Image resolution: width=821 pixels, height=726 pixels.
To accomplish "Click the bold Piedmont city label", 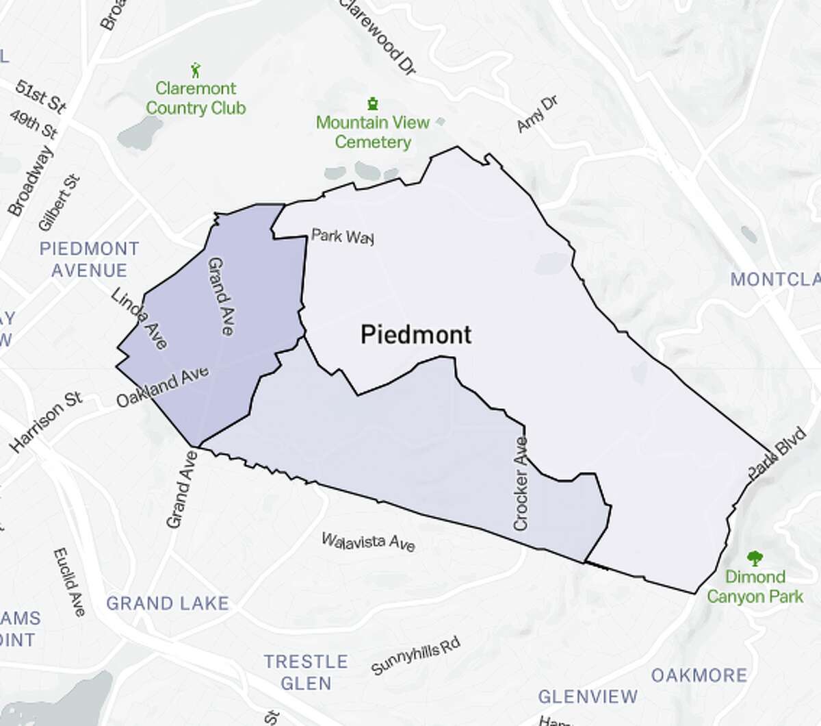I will pyautogui.click(x=415, y=334).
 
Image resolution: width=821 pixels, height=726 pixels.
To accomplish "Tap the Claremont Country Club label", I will pyautogui.click(x=196, y=98).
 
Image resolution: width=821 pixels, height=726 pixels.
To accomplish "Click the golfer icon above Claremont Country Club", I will pyautogui.click(x=196, y=69).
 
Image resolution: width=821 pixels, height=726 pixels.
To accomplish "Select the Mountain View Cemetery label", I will pyautogui.click(x=373, y=132).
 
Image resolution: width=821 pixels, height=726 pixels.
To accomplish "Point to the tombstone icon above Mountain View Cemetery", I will pyautogui.click(x=373, y=104).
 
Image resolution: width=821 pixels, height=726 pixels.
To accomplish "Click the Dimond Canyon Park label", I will pyautogui.click(x=755, y=586).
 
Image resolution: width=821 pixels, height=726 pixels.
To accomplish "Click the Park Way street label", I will pyautogui.click(x=342, y=237).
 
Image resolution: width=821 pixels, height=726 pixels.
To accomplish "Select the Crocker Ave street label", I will pyautogui.click(x=521, y=484).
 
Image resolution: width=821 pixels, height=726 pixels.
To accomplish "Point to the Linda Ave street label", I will pyautogui.click(x=140, y=318).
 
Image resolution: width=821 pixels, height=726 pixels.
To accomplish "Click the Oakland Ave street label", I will pyautogui.click(x=162, y=388).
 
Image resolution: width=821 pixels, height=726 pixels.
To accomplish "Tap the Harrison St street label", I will pyautogui.click(x=47, y=422).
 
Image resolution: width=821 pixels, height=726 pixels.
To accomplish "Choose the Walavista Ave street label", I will pyautogui.click(x=368, y=542).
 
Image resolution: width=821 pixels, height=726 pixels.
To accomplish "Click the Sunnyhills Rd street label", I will pyautogui.click(x=416, y=656).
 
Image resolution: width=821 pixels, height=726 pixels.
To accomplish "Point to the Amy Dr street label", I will pyautogui.click(x=537, y=114).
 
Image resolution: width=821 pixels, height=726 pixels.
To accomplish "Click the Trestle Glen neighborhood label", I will pyautogui.click(x=306, y=672).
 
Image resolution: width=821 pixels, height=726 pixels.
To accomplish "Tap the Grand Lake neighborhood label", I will pyautogui.click(x=167, y=603).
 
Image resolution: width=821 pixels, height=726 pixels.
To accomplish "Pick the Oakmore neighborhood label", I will pyautogui.click(x=699, y=675).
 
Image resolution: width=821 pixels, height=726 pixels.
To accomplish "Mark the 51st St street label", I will pyautogui.click(x=41, y=97).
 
